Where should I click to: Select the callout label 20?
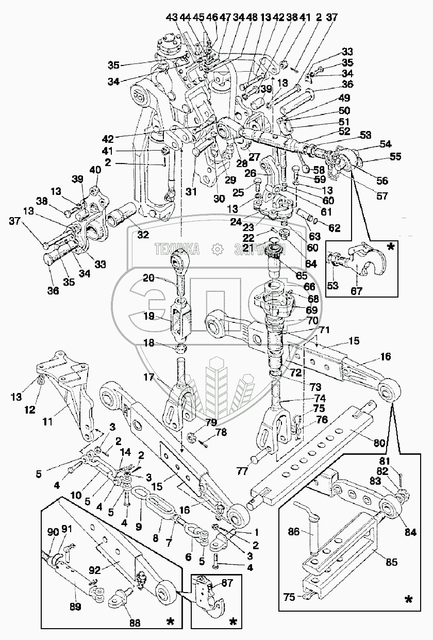pos(148,278)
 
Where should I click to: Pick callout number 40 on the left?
pos(96,171)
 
